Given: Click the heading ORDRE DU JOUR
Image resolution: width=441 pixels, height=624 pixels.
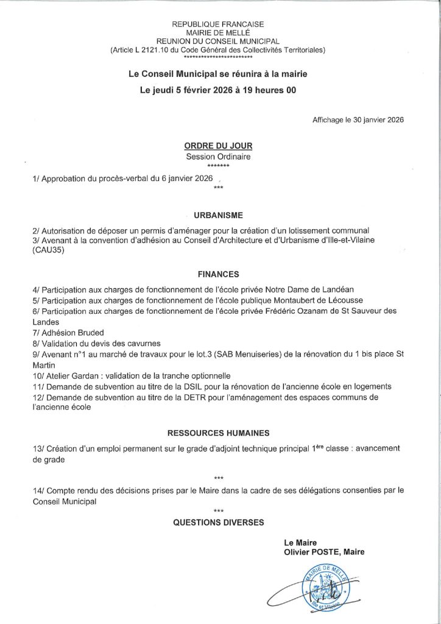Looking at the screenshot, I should point(217,146).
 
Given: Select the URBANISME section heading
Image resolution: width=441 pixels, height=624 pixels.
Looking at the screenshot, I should point(218,215).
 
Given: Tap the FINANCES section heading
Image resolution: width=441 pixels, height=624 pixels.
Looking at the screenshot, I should point(217,274).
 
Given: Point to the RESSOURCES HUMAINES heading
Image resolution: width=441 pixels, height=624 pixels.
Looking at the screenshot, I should point(218,433).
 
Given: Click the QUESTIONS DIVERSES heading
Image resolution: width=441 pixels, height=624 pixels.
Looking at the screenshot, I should point(219,522).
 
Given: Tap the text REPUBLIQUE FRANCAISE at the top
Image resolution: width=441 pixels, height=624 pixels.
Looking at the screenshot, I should point(217,24).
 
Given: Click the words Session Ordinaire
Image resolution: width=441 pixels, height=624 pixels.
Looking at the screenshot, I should point(217,157).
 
